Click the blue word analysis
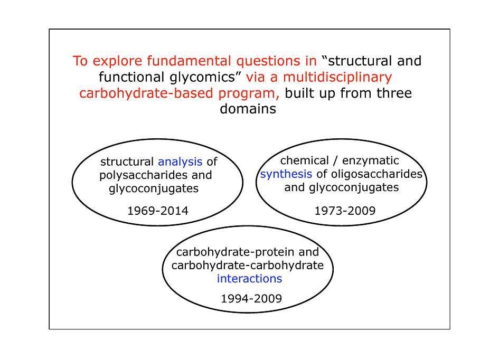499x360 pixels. click(x=180, y=162)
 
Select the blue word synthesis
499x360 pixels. click(x=286, y=175)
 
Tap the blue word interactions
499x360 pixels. click(x=249, y=279)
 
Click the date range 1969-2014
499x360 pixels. click(x=158, y=211)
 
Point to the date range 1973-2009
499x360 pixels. click(x=345, y=211)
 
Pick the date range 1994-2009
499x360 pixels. click(x=251, y=299)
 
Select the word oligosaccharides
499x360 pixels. click(x=377, y=174)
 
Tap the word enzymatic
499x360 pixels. click(x=371, y=161)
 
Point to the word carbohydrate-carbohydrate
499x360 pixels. click(x=248, y=265)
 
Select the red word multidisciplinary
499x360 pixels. click(x=337, y=77)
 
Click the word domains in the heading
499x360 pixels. click(x=248, y=109)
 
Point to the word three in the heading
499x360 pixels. click(x=394, y=93)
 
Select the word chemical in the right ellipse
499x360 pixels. click(x=305, y=160)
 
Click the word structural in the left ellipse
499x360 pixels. click(x=127, y=162)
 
